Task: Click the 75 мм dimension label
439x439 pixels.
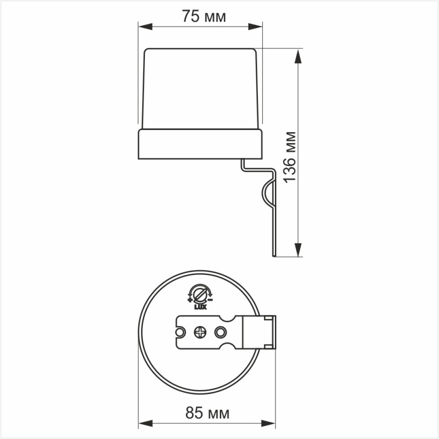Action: (x=204, y=17)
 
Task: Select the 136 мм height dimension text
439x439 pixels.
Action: (x=290, y=156)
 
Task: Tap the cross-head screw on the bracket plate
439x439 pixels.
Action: (x=200, y=332)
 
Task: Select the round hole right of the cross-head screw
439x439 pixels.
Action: (x=221, y=332)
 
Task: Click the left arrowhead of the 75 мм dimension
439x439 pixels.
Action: (x=143, y=26)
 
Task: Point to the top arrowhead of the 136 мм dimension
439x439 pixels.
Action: (x=299, y=54)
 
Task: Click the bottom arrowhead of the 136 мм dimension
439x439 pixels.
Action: (x=299, y=251)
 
